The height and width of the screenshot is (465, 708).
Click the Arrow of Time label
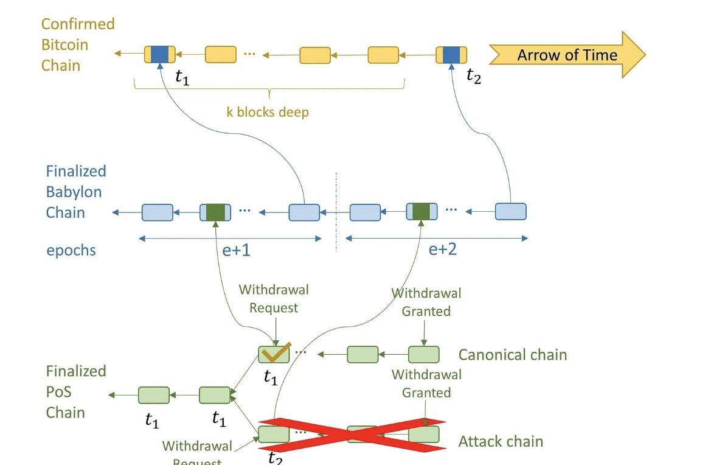(567, 55)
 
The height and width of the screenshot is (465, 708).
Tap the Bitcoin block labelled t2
(451, 55)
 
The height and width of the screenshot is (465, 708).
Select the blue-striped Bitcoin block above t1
(160, 55)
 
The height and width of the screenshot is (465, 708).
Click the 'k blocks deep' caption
(268, 112)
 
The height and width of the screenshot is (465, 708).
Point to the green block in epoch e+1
(215, 212)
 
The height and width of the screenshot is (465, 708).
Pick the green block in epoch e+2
(422, 212)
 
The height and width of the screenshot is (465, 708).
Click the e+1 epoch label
(236, 250)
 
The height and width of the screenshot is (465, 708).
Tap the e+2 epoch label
(442, 250)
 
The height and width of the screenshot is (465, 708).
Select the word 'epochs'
(71, 250)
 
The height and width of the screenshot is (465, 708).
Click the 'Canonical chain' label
(512, 355)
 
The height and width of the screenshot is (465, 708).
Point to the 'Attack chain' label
(501, 441)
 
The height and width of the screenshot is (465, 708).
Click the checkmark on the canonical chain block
(275, 353)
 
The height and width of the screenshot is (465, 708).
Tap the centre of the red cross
(353, 435)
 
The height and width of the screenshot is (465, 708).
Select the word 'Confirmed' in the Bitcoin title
(78, 24)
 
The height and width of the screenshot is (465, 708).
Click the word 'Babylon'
(74, 192)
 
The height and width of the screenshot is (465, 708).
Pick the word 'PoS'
(58, 391)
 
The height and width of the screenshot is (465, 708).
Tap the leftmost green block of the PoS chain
(154, 395)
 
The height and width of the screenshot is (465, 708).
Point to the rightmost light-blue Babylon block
(511, 212)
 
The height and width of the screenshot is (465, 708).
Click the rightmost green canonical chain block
(423, 354)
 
